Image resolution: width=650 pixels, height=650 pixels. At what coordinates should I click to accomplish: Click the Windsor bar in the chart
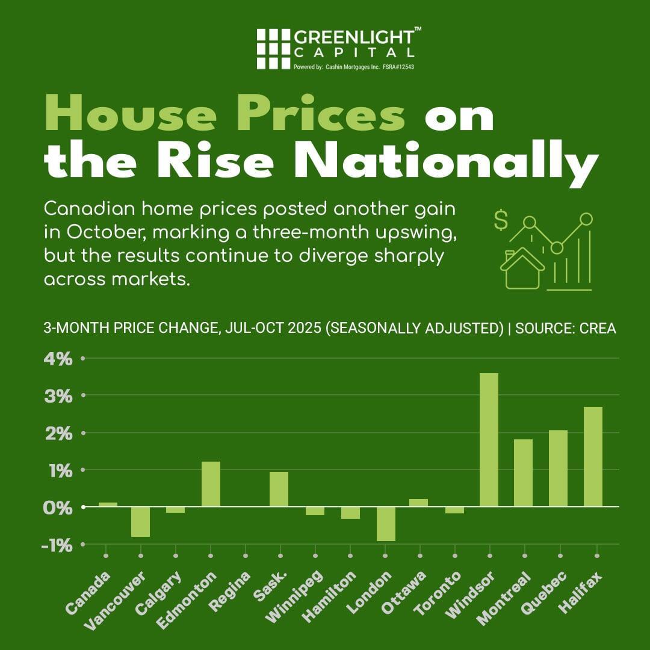coord(489,440)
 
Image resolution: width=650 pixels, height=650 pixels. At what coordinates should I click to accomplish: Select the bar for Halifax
coord(593,457)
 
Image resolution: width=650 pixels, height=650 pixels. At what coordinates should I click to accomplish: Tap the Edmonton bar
coord(211,484)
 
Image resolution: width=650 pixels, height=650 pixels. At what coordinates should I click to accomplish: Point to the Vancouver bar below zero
coord(141,521)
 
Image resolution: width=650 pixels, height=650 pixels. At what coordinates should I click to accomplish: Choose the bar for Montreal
coord(523,473)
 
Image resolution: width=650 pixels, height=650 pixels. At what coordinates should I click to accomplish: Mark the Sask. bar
coord(279,489)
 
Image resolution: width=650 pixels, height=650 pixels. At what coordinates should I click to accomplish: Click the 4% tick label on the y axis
coord(58,359)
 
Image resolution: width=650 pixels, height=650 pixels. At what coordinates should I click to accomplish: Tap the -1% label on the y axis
coord(58,545)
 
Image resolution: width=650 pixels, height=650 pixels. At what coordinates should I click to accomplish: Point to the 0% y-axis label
coord(58,507)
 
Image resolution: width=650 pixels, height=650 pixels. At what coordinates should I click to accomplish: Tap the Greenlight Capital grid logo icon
coord(273,49)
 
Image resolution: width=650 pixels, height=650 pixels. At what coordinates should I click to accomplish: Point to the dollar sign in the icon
coord(500,220)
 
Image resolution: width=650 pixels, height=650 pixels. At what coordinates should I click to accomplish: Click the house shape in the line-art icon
coord(521,269)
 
